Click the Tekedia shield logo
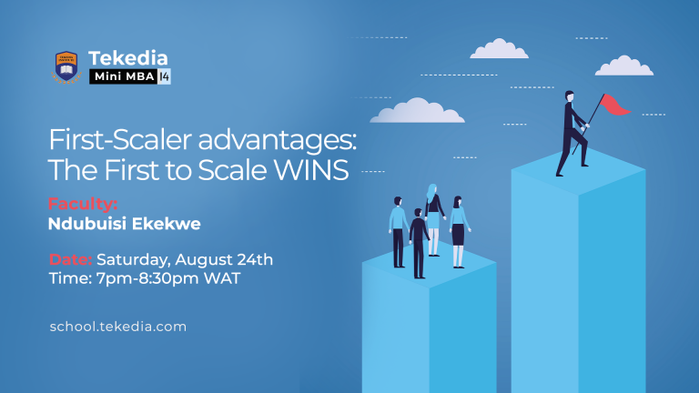point(65,65)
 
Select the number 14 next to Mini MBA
point(164,76)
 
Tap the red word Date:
point(70,259)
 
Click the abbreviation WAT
point(224,279)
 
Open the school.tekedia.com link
point(118,326)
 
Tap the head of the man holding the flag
point(569,96)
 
